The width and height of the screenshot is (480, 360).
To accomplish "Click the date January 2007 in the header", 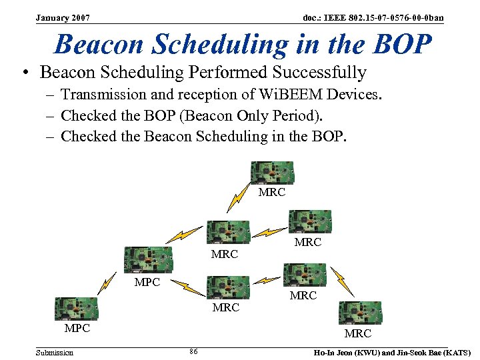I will (x=63, y=17).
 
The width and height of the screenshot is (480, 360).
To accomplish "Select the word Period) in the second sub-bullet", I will (x=299, y=116).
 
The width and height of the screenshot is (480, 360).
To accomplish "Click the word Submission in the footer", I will (x=55, y=352).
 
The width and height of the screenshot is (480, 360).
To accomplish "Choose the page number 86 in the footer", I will (x=193, y=351).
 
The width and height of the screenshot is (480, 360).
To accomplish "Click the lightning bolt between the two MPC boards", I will (x=106, y=282).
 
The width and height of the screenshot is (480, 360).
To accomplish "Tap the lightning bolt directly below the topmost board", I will (x=237, y=198).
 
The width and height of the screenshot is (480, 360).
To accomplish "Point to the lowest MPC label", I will (x=77, y=329).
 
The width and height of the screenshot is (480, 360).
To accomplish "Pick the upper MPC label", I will (x=147, y=282).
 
